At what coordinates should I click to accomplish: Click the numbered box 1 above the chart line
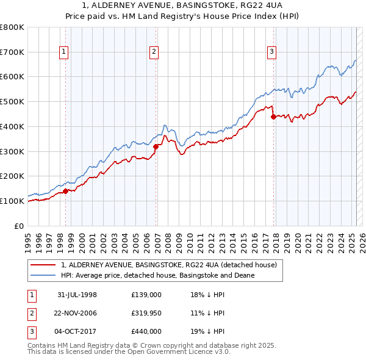[64, 52]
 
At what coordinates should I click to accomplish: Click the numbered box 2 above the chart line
[154, 52]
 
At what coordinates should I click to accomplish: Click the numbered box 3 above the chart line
[271, 52]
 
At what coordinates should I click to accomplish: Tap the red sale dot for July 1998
[65, 191]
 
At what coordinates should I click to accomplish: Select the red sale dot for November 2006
[156, 146]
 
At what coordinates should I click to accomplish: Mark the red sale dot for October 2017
[273, 117]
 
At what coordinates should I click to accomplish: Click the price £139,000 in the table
[146, 295]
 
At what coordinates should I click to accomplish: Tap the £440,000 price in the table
[146, 331]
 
